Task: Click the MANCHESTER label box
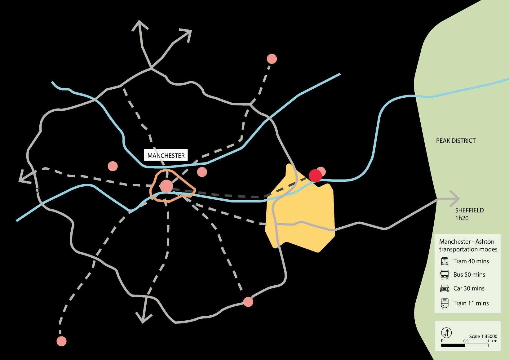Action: pyautogui.click(x=166, y=155)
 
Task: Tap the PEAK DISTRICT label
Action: pyautogui.click(x=456, y=141)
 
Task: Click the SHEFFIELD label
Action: pyautogui.click(x=469, y=210)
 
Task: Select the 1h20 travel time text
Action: pyautogui.click(x=462, y=218)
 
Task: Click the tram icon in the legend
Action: pyautogui.click(x=445, y=261)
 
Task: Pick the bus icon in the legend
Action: pyautogui.click(x=445, y=275)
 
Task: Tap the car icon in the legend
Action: pyautogui.click(x=445, y=288)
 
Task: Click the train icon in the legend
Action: pyautogui.click(x=445, y=303)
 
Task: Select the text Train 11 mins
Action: pyautogui.click(x=471, y=303)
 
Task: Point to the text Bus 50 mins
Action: pyautogui.click(x=469, y=275)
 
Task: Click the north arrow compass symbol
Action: pyautogui.click(x=446, y=333)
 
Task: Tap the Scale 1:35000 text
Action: pyautogui.click(x=483, y=336)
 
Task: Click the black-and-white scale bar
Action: pyautogui.click(x=465, y=345)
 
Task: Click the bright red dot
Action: pyautogui.click(x=315, y=176)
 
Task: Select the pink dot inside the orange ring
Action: pyautogui.click(x=166, y=186)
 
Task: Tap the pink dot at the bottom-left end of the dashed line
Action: pyautogui.click(x=61, y=341)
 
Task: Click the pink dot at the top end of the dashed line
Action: pyautogui.click(x=272, y=59)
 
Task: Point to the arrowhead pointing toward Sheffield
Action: pyautogui.click(x=456, y=198)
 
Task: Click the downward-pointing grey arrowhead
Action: pyautogui.click(x=143, y=318)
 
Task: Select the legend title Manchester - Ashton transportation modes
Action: pyautogui.click(x=468, y=245)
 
